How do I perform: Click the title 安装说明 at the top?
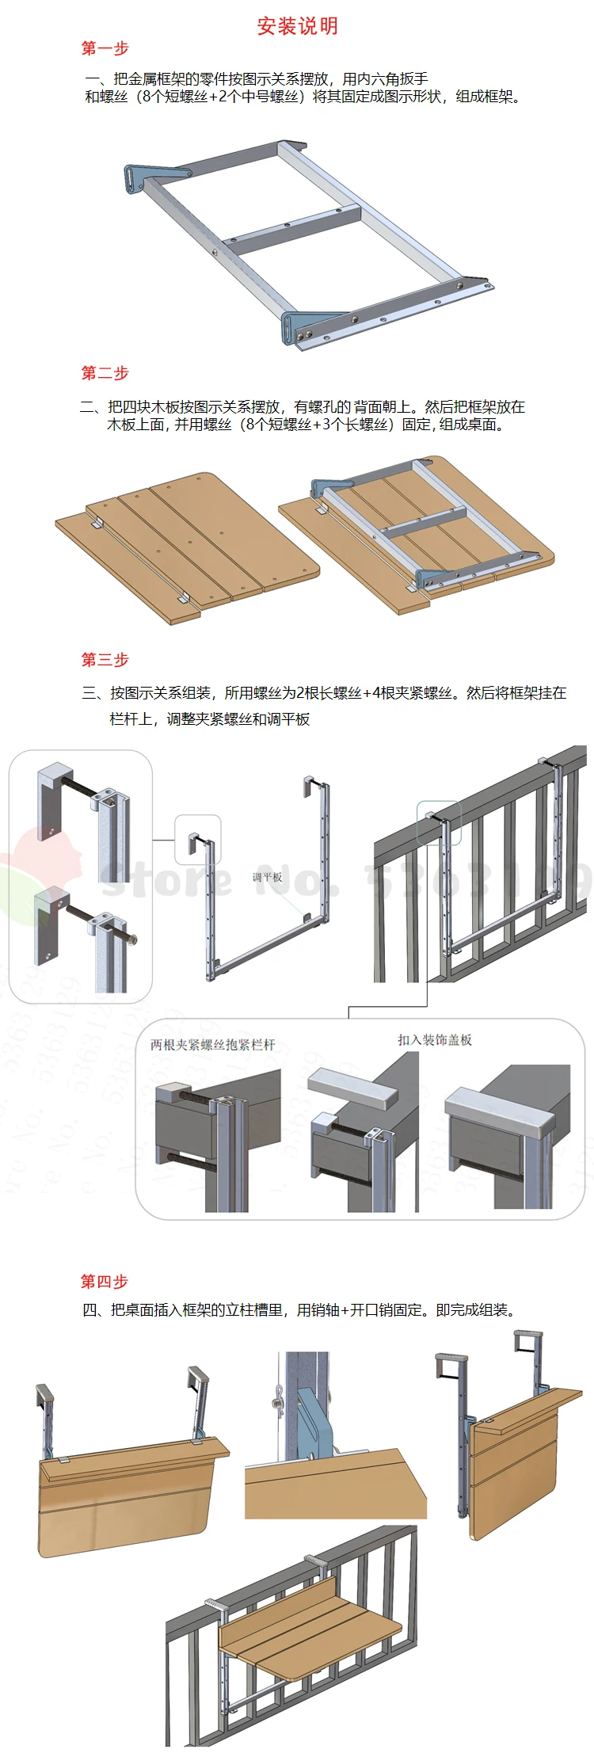(x=297, y=26)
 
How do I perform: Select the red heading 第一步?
(x=105, y=48)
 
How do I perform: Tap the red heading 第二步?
(x=105, y=373)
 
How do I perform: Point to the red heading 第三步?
(x=105, y=660)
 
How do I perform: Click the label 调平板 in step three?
(x=267, y=877)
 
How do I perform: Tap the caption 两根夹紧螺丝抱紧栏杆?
(x=212, y=1044)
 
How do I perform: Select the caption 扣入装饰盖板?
(x=435, y=1039)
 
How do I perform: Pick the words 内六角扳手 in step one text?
(x=385, y=79)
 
